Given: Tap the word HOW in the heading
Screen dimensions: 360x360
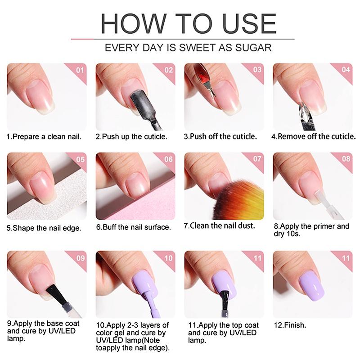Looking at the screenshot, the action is [x=133, y=23].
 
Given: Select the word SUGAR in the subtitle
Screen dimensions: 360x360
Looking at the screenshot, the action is [x=253, y=48].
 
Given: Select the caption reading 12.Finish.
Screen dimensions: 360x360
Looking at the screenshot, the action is [x=290, y=325].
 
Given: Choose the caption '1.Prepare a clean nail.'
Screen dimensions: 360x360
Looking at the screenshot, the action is [x=44, y=137].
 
